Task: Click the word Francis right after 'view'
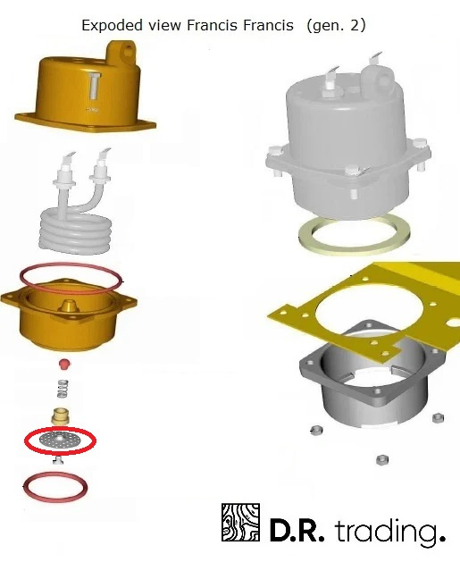[x=212, y=25]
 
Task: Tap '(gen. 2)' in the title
[x=336, y=26]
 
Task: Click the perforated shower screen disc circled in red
[x=60, y=440]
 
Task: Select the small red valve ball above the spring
[x=64, y=364]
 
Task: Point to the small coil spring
[x=63, y=389]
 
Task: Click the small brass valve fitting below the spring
[x=60, y=416]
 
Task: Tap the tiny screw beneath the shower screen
[x=57, y=460]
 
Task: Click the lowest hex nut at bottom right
[x=381, y=460]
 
